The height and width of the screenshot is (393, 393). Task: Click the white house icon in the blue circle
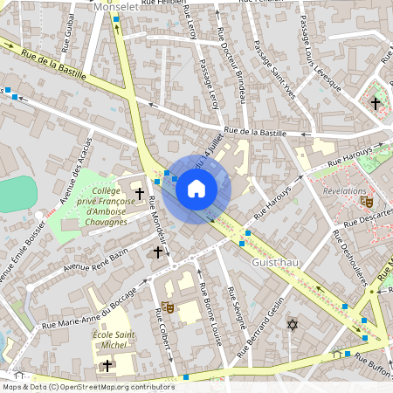pyautogui.click(x=196, y=189)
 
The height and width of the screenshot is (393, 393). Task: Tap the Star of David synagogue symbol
pyautogui.click(x=293, y=325)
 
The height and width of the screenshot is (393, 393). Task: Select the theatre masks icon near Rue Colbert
pyautogui.click(x=167, y=307)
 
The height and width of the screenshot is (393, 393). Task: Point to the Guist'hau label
pyautogui.click(x=275, y=262)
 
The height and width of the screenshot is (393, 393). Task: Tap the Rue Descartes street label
pyautogui.click(x=367, y=217)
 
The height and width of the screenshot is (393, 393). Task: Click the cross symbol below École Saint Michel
pyautogui.click(x=107, y=365)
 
